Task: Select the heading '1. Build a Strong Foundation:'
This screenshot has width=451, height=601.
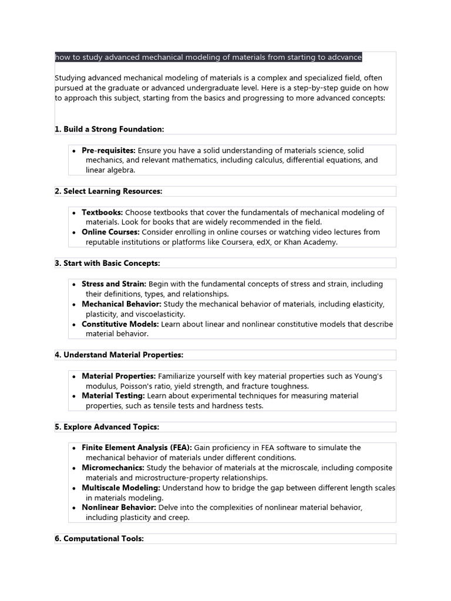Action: point(109,129)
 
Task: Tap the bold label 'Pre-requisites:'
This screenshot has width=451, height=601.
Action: point(109,150)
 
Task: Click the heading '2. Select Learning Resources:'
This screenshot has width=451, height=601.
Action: point(109,191)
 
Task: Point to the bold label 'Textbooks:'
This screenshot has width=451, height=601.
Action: point(102,212)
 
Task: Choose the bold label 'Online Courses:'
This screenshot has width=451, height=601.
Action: point(110,232)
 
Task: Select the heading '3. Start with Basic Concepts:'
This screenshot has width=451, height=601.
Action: point(107,263)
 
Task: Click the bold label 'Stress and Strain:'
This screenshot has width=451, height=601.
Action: point(114,283)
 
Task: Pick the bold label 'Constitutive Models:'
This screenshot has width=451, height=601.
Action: point(120,324)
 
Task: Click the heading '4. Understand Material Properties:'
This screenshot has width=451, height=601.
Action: point(119,355)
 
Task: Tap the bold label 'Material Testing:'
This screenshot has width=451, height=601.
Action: point(113,396)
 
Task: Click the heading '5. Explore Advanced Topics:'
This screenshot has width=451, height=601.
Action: point(107,427)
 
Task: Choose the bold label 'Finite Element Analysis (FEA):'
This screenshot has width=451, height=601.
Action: point(137,447)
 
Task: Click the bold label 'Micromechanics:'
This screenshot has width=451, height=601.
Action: point(113,468)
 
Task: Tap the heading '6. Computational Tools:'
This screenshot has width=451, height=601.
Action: point(99,538)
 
